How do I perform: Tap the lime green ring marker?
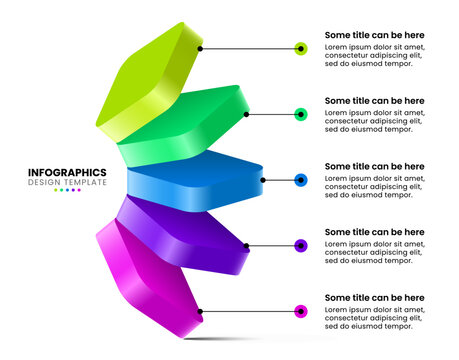pos(301,48)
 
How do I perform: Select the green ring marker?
pos(301,114)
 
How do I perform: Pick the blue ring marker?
pos(301,180)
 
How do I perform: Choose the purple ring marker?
pos(301,245)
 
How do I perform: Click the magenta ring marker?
pos(301,311)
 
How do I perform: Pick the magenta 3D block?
pos(150,275)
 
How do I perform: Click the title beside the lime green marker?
pos(374,35)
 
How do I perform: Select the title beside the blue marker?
pos(374,166)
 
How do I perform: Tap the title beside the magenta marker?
pos(374,298)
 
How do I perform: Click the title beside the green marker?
pos(374,101)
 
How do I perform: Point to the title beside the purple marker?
pos(374,232)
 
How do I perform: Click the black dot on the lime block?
pos(200,48)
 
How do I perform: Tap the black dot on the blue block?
pos(263,180)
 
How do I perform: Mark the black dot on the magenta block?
pos(201,311)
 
